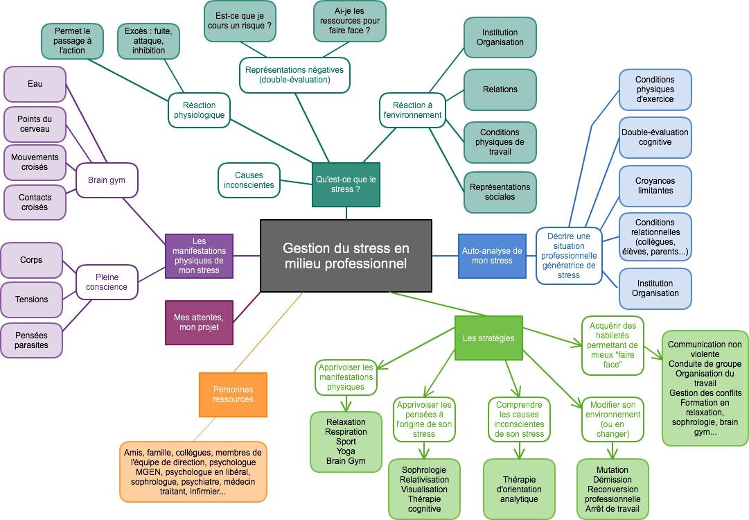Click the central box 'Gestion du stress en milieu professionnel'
click(x=346, y=256)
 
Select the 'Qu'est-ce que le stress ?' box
click(x=346, y=184)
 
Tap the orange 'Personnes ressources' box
click(x=233, y=395)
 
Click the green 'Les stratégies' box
click(x=488, y=338)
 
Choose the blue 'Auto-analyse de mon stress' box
click(x=492, y=256)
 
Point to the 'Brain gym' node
click(x=107, y=180)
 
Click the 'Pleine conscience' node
click(x=107, y=281)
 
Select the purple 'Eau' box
click(x=35, y=84)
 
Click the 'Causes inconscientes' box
click(x=249, y=180)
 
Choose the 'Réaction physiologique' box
click(x=198, y=110)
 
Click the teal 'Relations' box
click(x=500, y=89)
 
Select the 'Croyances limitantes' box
click(x=654, y=186)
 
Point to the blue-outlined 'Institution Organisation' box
click(x=654, y=288)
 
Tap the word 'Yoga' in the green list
click(x=346, y=450)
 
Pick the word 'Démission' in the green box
click(x=612, y=479)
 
